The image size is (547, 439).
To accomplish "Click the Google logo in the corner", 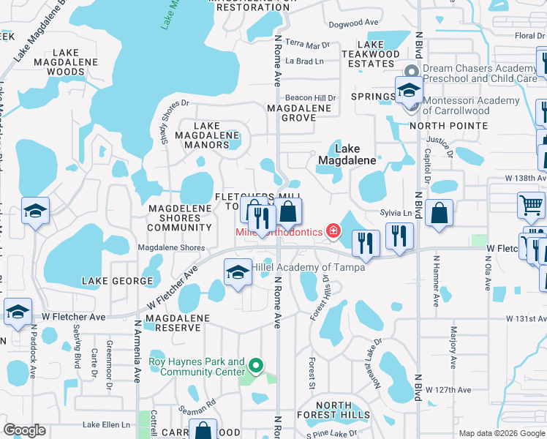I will pos(24,430).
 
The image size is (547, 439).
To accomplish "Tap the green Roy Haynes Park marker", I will pos(255,364).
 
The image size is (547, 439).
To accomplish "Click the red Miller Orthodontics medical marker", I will pos(333,231).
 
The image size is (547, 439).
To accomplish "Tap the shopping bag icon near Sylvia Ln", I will pos(439,214).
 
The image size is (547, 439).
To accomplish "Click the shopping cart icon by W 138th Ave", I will pos(531,205).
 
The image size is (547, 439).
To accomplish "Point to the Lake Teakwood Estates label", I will pos(371,54).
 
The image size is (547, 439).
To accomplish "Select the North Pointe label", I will pos(448,126).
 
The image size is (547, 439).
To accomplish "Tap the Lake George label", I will pos(118,281).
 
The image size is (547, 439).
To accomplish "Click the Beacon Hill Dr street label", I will pos(310,97).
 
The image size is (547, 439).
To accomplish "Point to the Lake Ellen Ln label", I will pos(107,424).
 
